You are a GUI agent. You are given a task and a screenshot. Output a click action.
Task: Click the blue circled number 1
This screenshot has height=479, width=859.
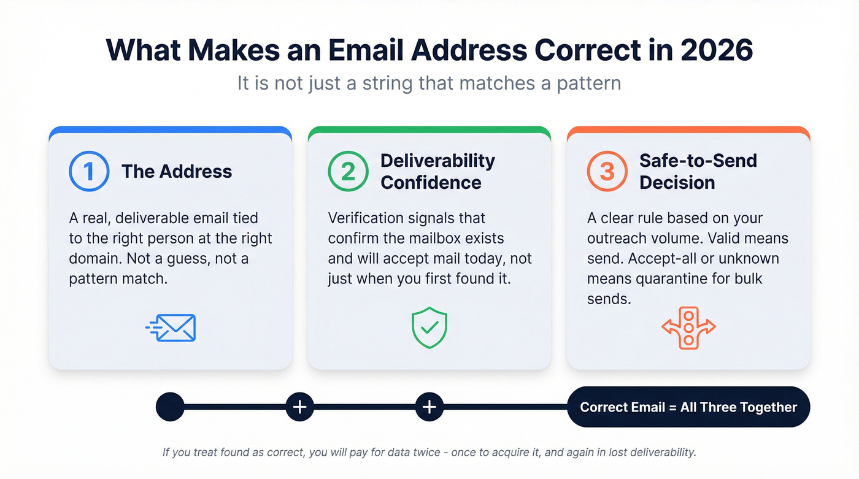pos(89,171)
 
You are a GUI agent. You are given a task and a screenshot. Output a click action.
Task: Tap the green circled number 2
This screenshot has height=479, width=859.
pos(348,171)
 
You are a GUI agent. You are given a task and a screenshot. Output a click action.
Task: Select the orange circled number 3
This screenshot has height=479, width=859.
pos(607,171)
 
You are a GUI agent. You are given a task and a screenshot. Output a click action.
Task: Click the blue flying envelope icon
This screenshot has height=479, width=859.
pos(171,328)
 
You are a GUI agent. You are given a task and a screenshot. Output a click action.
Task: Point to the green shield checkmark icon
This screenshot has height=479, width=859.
pos(429,329)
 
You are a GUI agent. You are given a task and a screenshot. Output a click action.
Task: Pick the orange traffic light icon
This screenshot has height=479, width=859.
pos(688,328)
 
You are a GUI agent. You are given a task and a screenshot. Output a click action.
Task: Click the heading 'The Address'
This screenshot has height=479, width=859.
pos(177,171)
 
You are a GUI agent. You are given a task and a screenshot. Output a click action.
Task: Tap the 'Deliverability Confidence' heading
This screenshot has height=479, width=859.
pos(437,171)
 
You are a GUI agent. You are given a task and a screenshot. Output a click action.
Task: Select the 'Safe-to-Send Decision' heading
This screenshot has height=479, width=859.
pos(698,171)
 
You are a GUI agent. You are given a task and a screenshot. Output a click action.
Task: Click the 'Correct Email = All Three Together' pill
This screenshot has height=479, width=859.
pos(688,407)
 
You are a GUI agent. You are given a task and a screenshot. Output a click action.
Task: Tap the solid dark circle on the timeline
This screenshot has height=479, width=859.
pos(170,407)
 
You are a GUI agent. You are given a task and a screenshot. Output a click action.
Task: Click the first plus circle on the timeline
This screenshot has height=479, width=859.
pos(299,407)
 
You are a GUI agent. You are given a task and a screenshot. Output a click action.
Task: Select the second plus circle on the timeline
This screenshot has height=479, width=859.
pos(429,407)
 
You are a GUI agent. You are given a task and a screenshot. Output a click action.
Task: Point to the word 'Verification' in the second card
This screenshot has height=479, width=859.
pos(369,218)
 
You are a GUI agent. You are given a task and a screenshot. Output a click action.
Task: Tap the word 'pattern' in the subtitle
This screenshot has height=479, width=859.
pos(588,83)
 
